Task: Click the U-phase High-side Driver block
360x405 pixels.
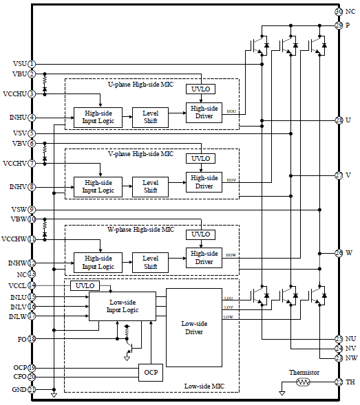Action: (x=204, y=112)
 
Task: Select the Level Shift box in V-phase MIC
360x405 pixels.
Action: (x=150, y=186)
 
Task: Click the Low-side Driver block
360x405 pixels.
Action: (x=194, y=327)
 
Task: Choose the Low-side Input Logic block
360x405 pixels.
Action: (x=122, y=306)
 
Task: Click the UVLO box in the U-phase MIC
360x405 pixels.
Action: (x=200, y=89)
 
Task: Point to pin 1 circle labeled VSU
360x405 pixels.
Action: (x=32, y=63)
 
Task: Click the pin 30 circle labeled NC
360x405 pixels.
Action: (x=339, y=12)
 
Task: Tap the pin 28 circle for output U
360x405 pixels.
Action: (x=339, y=120)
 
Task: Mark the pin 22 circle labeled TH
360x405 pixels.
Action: (x=339, y=382)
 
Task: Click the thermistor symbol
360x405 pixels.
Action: (x=301, y=382)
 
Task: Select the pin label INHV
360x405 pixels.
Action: (x=18, y=186)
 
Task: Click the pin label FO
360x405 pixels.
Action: (x=22, y=338)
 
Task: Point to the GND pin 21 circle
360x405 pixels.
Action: (x=32, y=389)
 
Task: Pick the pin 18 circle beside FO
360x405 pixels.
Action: (x=32, y=338)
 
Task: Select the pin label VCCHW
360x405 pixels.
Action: (x=14, y=239)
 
